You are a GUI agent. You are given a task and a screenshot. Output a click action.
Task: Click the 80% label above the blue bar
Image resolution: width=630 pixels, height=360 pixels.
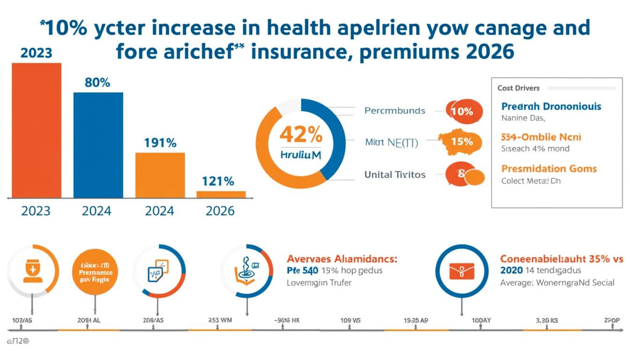[97, 82]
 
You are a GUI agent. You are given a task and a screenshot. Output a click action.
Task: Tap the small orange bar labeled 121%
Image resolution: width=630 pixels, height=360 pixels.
[221, 194]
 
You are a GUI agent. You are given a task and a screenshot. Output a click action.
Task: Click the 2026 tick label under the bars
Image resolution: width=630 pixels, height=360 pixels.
[220, 211]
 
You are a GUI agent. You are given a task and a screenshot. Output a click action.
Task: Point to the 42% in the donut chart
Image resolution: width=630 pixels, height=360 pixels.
[300, 135]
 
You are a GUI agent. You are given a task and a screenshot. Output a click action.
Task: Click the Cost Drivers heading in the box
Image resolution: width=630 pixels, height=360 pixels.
[518, 88]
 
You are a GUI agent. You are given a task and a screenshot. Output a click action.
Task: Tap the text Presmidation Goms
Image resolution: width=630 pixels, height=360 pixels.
[549, 168]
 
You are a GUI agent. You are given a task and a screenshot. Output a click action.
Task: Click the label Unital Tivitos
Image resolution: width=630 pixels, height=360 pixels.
[395, 174]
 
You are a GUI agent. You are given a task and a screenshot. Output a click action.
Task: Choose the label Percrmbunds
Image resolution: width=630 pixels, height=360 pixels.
[395, 111]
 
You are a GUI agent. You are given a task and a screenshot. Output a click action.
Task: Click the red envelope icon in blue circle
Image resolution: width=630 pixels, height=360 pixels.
[462, 270]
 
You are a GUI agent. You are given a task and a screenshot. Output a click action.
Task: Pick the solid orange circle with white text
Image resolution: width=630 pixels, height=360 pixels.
[96, 271]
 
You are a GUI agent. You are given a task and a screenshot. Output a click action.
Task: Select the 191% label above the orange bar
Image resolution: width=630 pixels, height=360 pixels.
[160, 142]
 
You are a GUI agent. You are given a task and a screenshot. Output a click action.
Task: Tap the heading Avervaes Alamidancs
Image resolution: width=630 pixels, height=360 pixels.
[342, 259]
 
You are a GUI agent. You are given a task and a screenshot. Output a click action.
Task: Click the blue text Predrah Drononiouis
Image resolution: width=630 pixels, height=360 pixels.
[551, 106]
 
